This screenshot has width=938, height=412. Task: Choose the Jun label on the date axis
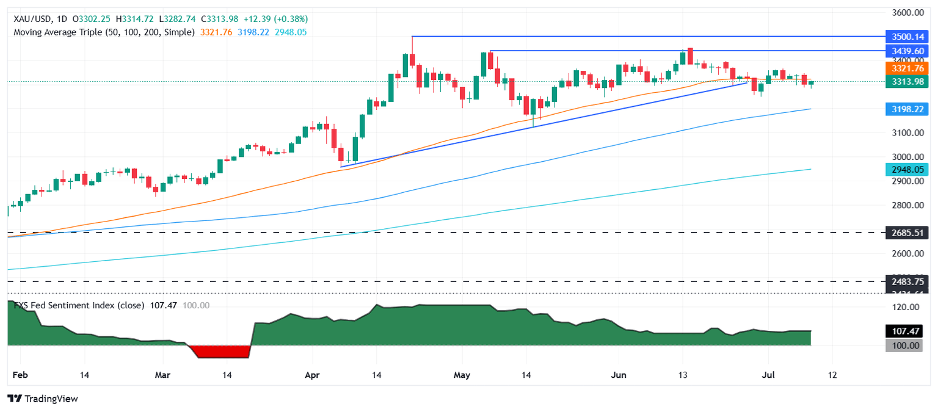point(619,374)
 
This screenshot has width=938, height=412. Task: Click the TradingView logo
point(43,399)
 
